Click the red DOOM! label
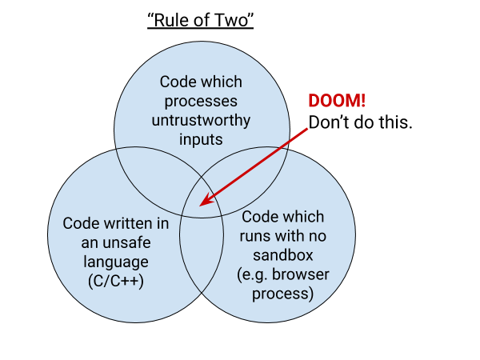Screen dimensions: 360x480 coord(337,102)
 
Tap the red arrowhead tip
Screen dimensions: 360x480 coord(201,205)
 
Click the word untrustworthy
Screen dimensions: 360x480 coord(201,121)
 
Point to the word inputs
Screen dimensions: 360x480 coord(201,140)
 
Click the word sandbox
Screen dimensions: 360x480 coord(283,255)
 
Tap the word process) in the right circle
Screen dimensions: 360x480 coord(283,294)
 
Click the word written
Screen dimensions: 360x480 coord(128,222)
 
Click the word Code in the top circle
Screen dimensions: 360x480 coord(177,82)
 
